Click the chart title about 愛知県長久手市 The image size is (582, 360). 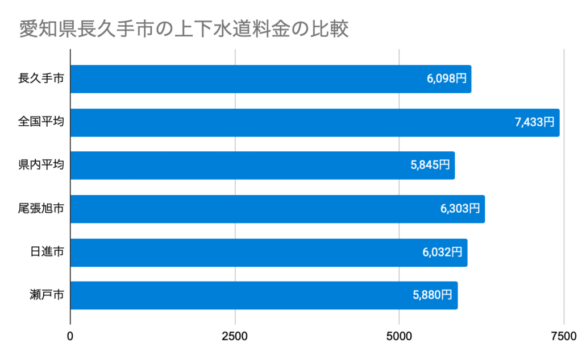183,29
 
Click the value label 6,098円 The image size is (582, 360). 447,79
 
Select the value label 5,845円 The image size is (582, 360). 430,165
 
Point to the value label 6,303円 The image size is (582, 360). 460,209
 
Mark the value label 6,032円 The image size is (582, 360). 443,253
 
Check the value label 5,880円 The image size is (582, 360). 433,296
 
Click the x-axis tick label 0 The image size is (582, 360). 70,336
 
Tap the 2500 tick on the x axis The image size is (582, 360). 235,336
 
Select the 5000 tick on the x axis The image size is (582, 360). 399,336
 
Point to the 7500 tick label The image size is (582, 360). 563,336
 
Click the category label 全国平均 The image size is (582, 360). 41,122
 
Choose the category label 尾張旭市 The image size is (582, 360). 41,209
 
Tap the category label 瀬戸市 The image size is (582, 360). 47,296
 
